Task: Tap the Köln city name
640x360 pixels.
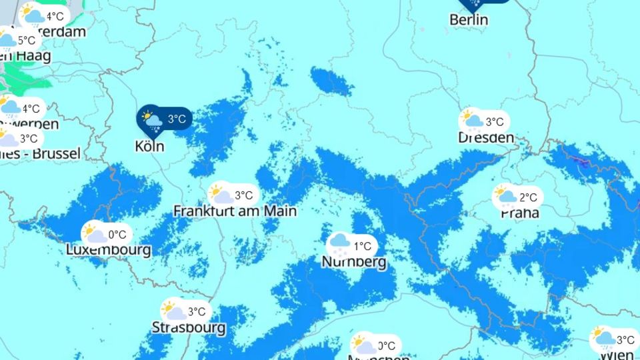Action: (149, 146)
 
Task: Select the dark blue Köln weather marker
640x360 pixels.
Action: (164, 120)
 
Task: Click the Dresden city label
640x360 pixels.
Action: (486, 138)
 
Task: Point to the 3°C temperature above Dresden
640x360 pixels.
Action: (494, 122)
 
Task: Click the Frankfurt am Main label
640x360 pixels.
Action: (235, 211)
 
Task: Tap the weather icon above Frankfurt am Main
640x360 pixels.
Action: (220, 195)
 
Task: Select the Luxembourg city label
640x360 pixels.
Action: (109, 250)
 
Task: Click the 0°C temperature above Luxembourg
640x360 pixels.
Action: (117, 235)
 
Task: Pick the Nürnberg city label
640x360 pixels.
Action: (354, 262)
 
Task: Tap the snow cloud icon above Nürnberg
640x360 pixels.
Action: (340, 245)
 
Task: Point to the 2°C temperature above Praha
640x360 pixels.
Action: (527, 197)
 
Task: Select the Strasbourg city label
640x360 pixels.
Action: (189, 328)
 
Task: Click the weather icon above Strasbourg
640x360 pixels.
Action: (173, 311)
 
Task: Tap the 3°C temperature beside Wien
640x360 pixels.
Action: (625, 340)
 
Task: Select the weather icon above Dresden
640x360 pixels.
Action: (472, 120)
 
